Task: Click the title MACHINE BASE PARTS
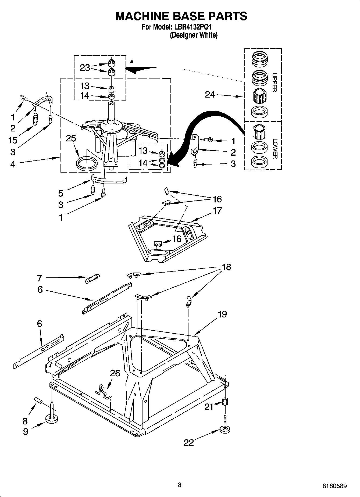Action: tap(181, 16)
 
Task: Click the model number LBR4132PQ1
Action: tap(194, 27)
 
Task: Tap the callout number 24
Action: tap(210, 94)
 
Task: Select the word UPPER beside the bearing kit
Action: tap(274, 82)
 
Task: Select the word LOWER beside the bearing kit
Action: tap(275, 148)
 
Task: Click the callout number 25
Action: tap(71, 138)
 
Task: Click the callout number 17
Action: tap(217, 210)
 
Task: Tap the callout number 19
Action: tap(222, 314)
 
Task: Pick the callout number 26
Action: tap(115, 373)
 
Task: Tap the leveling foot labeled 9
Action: tap(52, 419)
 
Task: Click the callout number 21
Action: tap(209, 407)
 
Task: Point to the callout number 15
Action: tap(13, 140)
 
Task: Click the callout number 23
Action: tap(85, 67)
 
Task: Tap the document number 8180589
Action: tap(334, 486)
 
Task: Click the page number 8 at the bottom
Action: tap(180, 485)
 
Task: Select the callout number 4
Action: tap(13, 164)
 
